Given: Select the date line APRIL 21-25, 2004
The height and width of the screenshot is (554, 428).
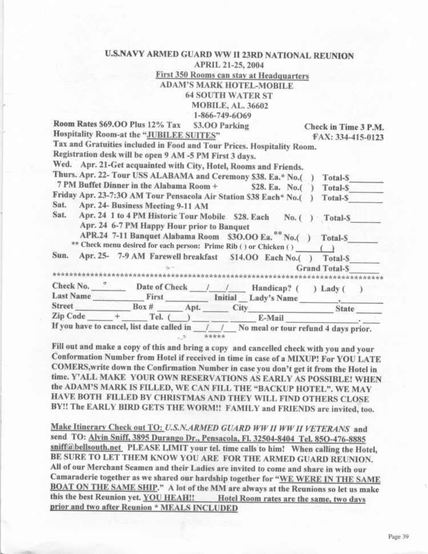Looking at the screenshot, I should pyautogui.click(x=231, y=65).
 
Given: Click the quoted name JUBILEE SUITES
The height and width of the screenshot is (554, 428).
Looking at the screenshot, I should pyautogui.click(x=183, y=136).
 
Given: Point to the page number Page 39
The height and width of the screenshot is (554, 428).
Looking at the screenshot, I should pyautogui.click(x=398, y=536).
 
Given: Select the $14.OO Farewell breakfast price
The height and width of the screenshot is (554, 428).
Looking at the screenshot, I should pyautogui.click(x=244, y=258).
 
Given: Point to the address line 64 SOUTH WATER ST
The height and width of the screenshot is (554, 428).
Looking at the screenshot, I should pyautogui.click(x=231, y=95).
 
